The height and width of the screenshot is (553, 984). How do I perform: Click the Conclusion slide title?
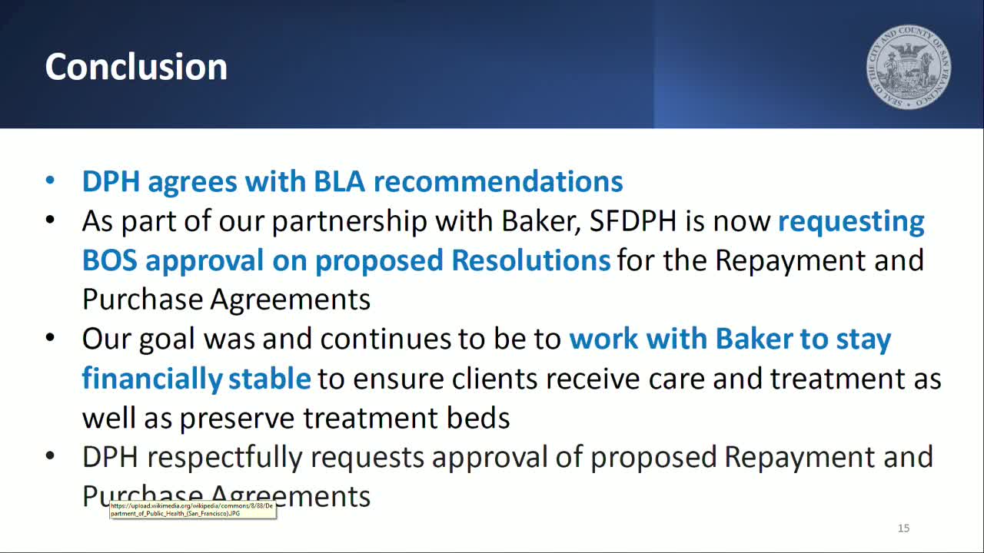click(x=136, y=67)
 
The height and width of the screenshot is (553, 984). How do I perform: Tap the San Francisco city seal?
click(x=909, y=66)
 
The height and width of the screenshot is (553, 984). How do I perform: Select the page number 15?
click(x=903, y=528)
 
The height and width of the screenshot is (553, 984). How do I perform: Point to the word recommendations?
click(x=497, y=181)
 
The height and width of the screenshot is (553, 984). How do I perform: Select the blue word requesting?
click(x=851, y=221)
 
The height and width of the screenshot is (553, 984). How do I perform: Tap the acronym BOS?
click(x=110, y=260)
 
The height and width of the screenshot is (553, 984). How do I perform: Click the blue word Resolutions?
click(x=530, y=260)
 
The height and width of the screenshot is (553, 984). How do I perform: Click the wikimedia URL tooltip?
click(x=192, y=509)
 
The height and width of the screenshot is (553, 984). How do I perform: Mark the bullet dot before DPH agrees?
click(x=50, y=181)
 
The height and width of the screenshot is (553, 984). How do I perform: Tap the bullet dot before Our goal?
click(x=50, y=339)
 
